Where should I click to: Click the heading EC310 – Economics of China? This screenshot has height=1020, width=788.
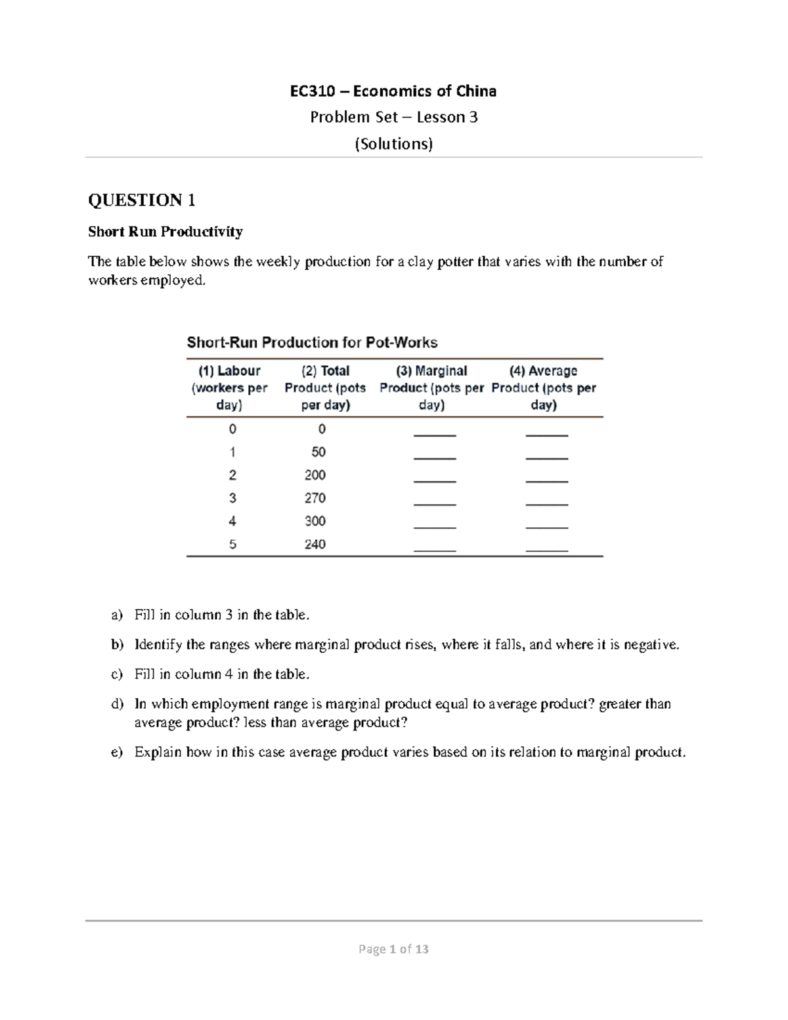point(393,91)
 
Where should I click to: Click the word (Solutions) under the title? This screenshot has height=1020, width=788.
point(393,144)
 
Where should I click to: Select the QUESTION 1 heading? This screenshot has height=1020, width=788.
point(142,200)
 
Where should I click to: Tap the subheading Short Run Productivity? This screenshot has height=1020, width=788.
point(165,232)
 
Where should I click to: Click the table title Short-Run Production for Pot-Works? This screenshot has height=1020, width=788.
point(312,342)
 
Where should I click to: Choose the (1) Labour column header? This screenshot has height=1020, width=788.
point(229,388)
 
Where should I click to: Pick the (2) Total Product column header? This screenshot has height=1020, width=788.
point(325,388)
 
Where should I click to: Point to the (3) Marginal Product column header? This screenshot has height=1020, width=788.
point(431,388)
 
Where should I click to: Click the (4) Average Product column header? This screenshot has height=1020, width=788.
point(543,388)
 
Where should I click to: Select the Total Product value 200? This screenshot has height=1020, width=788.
point(315,475)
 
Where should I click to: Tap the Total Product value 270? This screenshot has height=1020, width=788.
point(315,498)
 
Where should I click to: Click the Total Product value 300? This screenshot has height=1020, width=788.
point(315,521)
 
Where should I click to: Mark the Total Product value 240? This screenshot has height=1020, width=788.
point(315,544)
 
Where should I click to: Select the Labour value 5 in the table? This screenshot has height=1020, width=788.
point(232,544)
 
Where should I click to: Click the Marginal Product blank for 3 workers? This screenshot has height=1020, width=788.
point(435,502)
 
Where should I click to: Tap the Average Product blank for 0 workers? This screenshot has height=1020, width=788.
point(546,433)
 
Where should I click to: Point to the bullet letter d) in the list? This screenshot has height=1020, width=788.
point(117,704)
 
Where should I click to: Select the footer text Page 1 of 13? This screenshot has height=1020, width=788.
point(393,949)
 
